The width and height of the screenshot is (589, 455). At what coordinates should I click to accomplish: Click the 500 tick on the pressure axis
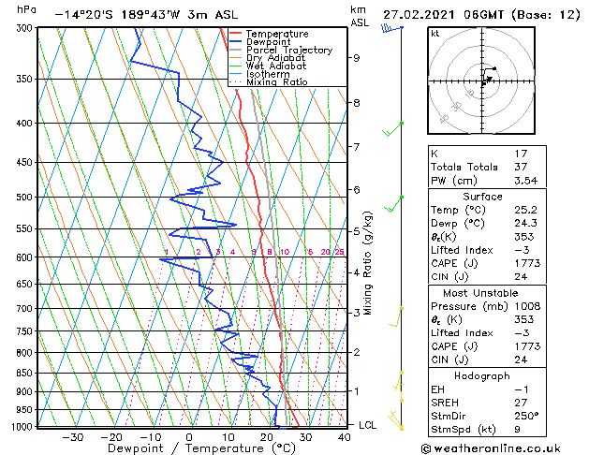24,198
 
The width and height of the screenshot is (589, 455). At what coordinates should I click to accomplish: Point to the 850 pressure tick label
24,373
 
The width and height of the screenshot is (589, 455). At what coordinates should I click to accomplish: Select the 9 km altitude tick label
357,57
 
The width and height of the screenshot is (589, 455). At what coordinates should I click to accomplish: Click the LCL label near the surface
368,425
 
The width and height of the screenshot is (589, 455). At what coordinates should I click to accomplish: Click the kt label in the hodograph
434,34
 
